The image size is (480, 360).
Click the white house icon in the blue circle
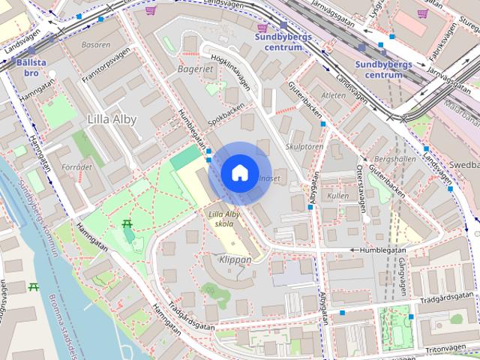coord(239,172)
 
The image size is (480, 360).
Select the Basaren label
coord(95,45)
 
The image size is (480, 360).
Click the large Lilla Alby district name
coord(113,119)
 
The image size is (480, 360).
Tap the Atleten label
coord(333,95)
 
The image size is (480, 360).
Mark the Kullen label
coord(338,195)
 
